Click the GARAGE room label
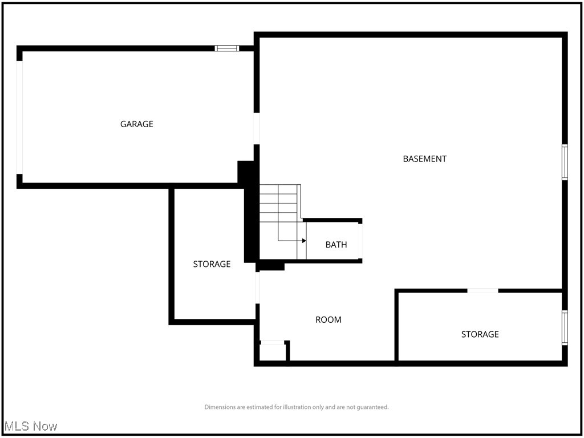(x=136, y=124)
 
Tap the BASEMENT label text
(x=424, y=159)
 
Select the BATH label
(x=336, y=245)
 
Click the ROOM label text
(x=328, y=320)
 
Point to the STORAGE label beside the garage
(x=212, y=264)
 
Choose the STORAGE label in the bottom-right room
(x=480, y=334)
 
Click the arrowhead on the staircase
(x=304, y=241)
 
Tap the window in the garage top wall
(x=227, y=48)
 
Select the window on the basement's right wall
(x=565, y=162)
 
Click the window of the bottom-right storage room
(x=565, y=327)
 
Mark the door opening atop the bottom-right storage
(x=482, y=291)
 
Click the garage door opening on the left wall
(x=19, y=117)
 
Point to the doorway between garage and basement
(x=257, y=129)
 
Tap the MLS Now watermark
(x=31, y=426)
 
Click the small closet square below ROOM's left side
(x=272, y=352)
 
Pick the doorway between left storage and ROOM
(x=257, y=287)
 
